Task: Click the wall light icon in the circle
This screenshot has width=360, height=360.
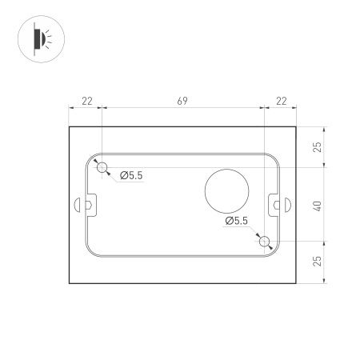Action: point(39,38)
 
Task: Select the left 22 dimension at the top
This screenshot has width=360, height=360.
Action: point(86,101)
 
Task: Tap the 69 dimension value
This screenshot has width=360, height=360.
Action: point(182,101)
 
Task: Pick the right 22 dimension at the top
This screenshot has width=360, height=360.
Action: point(280,101)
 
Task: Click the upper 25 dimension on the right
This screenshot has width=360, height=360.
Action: point(318,146)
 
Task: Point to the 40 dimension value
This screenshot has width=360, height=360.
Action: point(318,205)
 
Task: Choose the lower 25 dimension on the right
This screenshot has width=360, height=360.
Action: point(318,262)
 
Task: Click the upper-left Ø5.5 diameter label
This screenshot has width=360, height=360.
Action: point(131,175)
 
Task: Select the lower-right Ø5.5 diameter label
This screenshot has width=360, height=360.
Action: point(237,220)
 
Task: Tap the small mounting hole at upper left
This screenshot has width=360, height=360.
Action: point(102,167)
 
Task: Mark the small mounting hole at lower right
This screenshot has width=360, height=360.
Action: point(264,241)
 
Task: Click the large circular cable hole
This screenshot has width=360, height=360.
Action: point(227,190)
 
